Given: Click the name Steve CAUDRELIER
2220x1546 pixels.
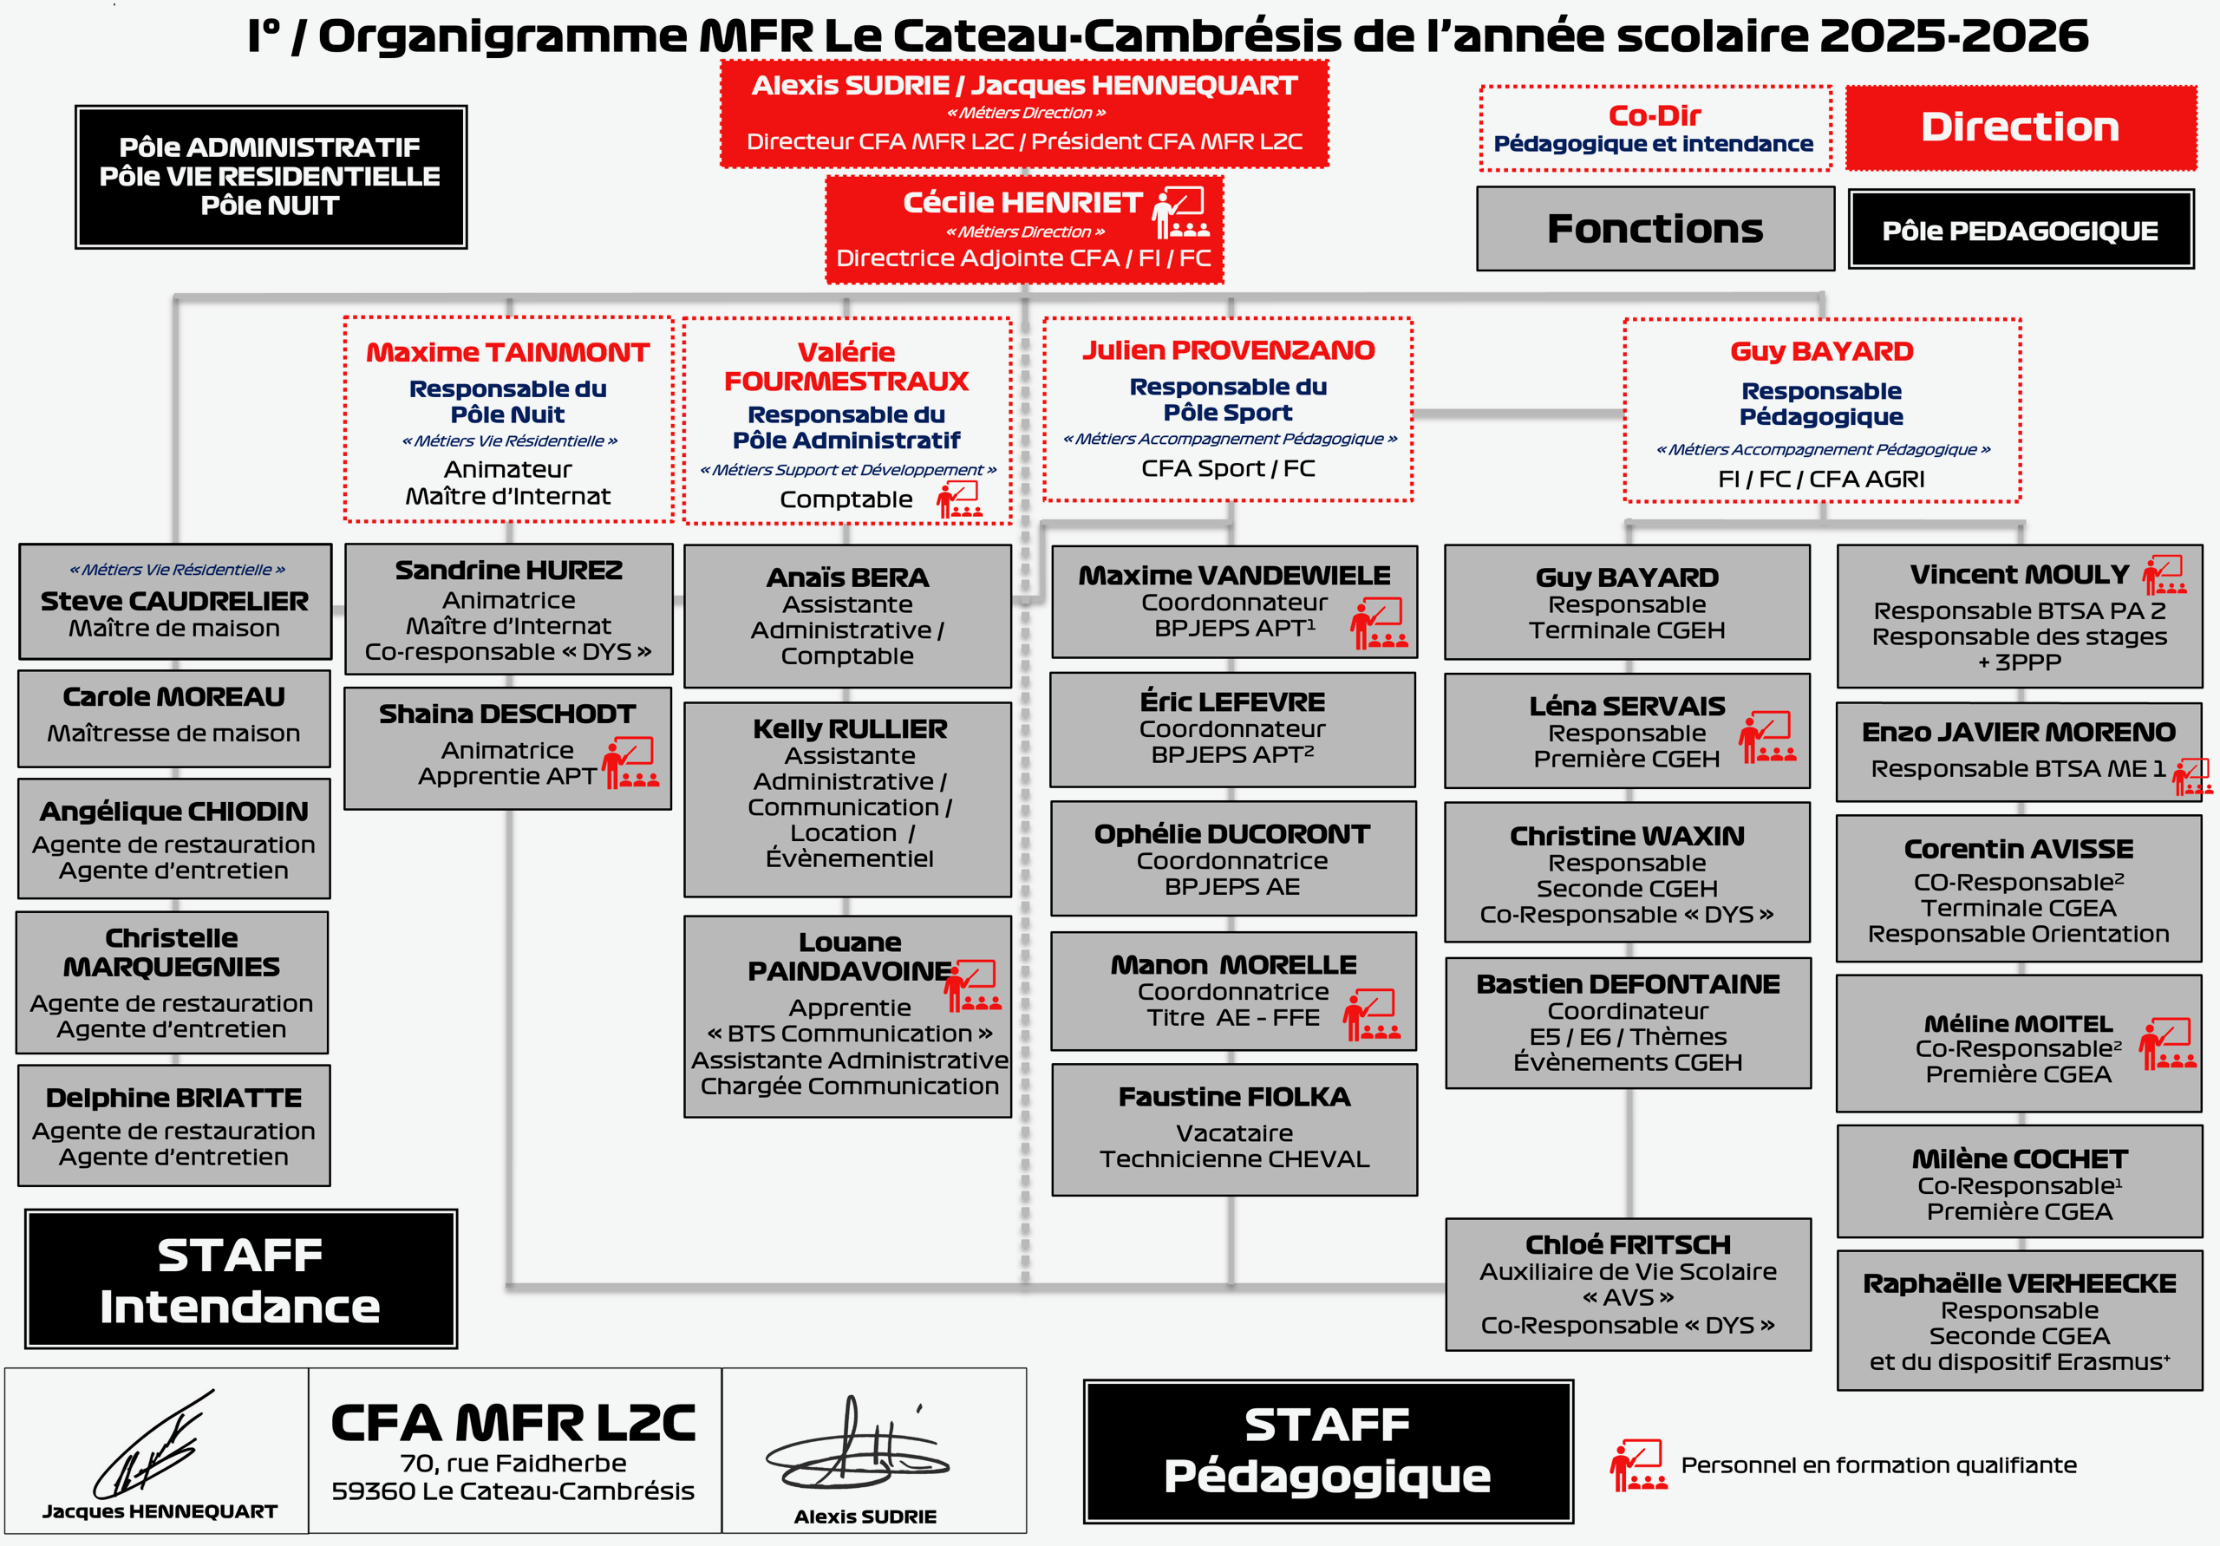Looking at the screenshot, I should (x=174, y=602).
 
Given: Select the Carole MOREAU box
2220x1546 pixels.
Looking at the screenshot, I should (x=174, y=718).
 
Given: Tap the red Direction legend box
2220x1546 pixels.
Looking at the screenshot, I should (x=2020, y=127).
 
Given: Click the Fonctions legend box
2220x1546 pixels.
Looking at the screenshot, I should (x=1655, y=229).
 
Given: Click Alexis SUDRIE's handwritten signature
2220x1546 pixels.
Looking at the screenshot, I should (x=856, y=1445).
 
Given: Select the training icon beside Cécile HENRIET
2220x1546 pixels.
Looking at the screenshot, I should (x=1180, y=212).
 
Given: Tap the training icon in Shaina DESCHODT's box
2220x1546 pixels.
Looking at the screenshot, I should (x=630, y=763).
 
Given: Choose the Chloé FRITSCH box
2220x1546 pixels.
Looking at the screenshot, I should (x=1628, y=1284).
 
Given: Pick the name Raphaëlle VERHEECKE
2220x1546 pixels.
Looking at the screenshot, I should (x=2019, y=1283).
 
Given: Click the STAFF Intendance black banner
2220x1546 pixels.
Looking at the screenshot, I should (x=241, y=1279).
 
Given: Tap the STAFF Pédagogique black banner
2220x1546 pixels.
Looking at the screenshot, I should (x=1328, y=1451).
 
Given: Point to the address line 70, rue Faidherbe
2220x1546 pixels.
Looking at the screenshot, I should (x=513, y=1463).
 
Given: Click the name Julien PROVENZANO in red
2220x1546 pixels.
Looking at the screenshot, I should (x=1228, y=350).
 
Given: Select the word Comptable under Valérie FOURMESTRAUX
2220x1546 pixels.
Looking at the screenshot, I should (x=846, y=499).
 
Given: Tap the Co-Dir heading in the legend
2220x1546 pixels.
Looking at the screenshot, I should (x=1655, y=115).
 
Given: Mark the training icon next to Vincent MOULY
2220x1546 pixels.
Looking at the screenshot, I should (x=2164, y=574).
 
